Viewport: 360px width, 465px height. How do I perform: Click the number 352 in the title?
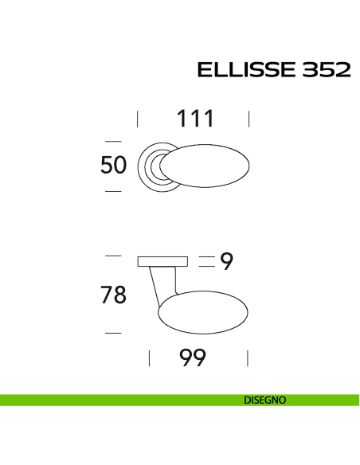click(326, 70)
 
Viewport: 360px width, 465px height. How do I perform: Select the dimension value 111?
click(195, 119)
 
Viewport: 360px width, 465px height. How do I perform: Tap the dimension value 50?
click(113, 166)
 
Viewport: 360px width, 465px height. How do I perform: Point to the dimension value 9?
click(227, 261)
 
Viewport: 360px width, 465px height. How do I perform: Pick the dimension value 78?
click(113, 295)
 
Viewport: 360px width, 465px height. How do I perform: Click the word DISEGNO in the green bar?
click(265, 400)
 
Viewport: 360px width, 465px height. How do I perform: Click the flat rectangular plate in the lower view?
click(162, 261)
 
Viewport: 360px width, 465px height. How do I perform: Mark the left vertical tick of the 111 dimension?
click(138, 119)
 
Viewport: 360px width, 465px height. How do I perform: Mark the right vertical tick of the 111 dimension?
click(249, 119)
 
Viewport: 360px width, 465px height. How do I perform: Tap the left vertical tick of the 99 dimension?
click(149, 359)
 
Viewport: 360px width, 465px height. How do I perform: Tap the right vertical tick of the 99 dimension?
click(249, 359)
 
